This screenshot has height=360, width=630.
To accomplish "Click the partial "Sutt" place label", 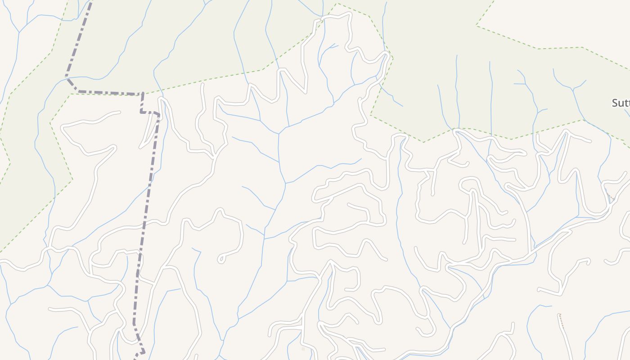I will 621,103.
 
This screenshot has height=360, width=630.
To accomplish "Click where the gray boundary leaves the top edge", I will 91,1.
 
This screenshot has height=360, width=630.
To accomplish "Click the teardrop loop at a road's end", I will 221,259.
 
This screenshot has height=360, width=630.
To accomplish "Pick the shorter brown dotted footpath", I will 610,196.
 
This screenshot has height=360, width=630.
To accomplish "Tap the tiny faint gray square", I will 303,349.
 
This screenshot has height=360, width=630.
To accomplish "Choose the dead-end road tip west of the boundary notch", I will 119,112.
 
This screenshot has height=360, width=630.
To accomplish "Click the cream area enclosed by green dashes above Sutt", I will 562,22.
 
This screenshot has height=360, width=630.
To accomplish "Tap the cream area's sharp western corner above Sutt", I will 477,26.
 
